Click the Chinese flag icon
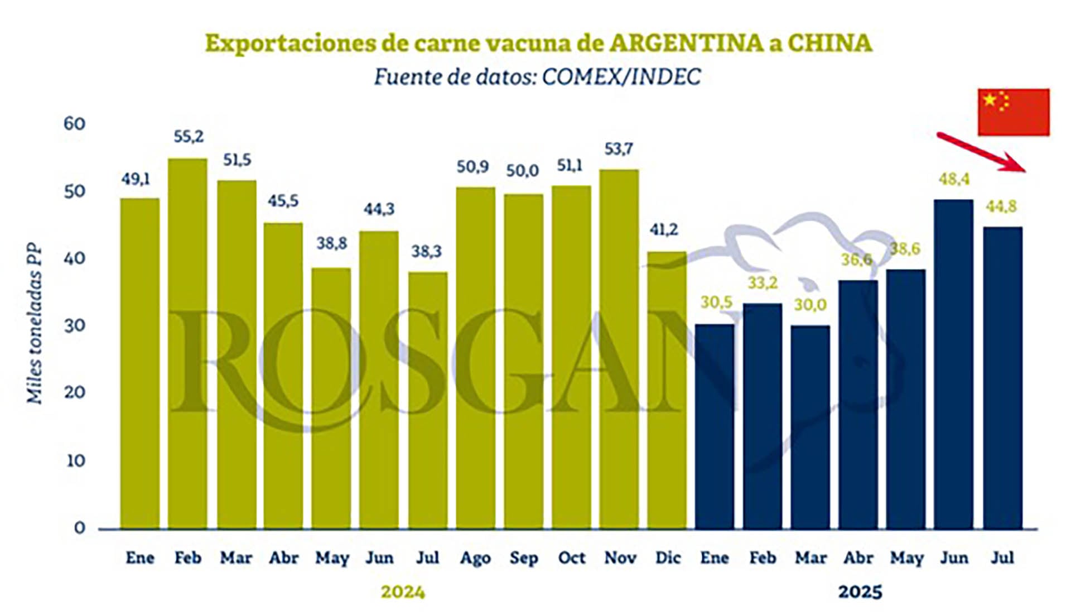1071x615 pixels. [1013, 112]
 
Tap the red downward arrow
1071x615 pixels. [982, 152]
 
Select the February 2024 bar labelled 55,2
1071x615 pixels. [187, 343]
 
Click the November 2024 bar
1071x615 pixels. [619, 349]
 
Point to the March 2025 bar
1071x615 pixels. [810, 427]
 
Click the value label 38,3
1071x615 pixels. [426, 252]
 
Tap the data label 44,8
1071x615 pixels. [1001, 206]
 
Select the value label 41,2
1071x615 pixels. [664, 229]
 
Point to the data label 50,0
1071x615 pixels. [523, 171]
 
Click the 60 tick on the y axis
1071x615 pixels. [74, 123]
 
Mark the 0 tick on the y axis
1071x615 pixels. [79, 527]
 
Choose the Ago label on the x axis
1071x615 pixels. [475, 558]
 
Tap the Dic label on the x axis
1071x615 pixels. [668, 558]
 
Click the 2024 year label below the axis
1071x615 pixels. [403, 592]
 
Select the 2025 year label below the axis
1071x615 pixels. [860, 592]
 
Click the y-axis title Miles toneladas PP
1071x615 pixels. [35, 324]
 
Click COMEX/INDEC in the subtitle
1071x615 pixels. [621, 77]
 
